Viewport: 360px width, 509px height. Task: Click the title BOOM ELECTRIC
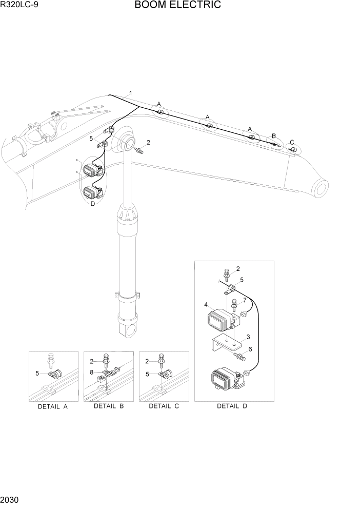click(x=178, y=6)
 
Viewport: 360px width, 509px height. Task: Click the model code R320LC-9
click(x=19, y=6)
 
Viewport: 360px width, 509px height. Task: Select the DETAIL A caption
click(x=53, y=406)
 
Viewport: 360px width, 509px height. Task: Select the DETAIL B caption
click(x=109, y=406)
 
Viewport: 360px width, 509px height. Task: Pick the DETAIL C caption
click(x=164, y=406)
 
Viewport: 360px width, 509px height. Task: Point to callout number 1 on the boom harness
click(x=131, y=93)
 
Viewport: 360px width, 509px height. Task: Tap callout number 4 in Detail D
click(x=206, y=305)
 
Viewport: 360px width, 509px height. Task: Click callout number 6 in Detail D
click(x=250, y=349)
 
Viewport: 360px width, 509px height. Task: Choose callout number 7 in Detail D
click(x=245, y=300)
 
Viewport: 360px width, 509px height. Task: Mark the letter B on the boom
click(x=274, y=136)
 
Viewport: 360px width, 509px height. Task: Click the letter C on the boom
click(x=292, y=142)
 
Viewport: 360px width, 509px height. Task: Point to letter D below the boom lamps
click(x=92, y=204)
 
